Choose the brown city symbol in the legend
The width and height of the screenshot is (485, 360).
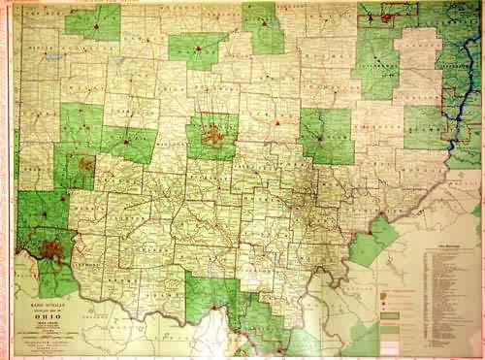[392, 288]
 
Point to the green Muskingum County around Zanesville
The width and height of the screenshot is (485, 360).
[325, 136]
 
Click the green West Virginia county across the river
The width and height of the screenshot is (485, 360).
[373, 243]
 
